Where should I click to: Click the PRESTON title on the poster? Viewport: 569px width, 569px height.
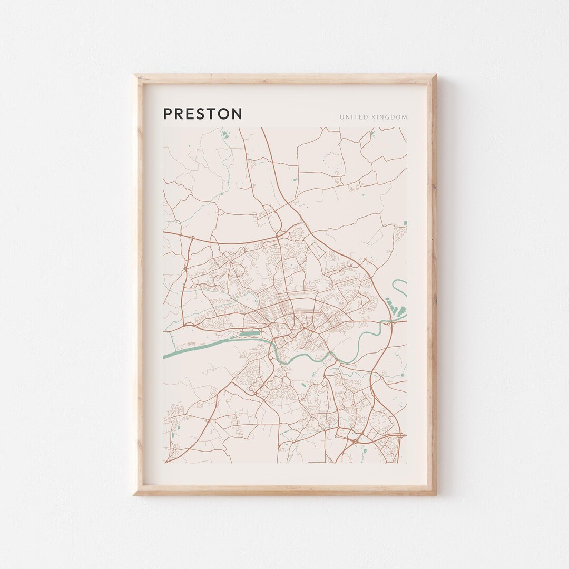click(x=203, y=114)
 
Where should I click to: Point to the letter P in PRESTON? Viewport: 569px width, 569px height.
click(x=168, y=114)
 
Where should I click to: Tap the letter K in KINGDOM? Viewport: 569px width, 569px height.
click(x=372, y=117)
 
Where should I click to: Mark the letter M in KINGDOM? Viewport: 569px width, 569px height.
click(x=404, y=117)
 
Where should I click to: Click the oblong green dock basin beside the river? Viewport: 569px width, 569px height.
click(x=249, y=333)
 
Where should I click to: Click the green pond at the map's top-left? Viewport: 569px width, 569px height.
click(x=225, y=134)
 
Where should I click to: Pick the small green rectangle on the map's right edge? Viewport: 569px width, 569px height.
click(x=404, y=223)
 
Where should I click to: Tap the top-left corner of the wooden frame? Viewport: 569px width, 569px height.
click(x=135, y=76)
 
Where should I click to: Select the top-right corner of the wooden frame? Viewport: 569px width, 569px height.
click(x=435, y=76)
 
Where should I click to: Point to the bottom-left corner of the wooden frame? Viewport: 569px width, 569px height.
click(x=135, y=494)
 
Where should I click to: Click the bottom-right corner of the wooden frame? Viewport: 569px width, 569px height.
click(x=435, y=494)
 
